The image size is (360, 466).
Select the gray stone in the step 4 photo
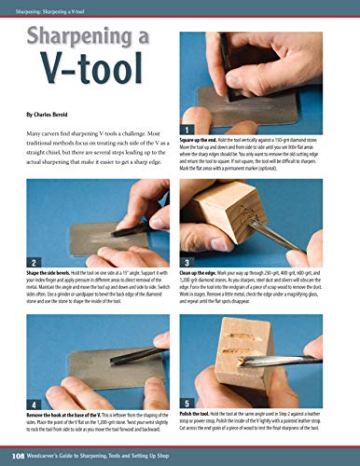[x=93, y=354]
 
